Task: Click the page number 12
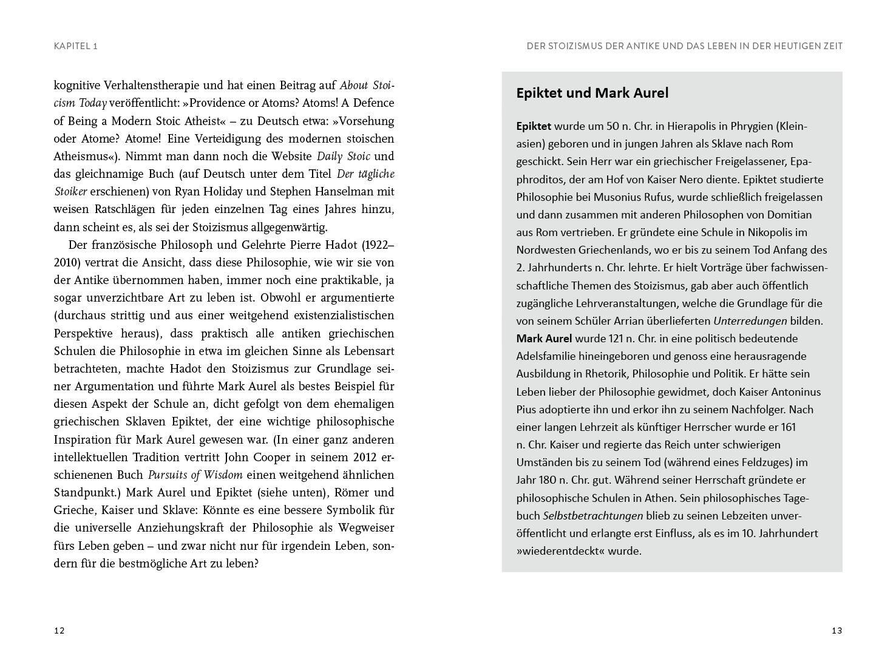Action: [x=59, y=631]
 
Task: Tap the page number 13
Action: [x=837, y=631]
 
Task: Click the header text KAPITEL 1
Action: [x=76, y=46]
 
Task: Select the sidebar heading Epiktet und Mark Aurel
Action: [x=592, y=93]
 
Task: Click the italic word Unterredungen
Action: [x=750, y=321]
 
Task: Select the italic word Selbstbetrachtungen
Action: [x=592, y=516]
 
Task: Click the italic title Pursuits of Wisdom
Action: [x=195, y=475]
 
